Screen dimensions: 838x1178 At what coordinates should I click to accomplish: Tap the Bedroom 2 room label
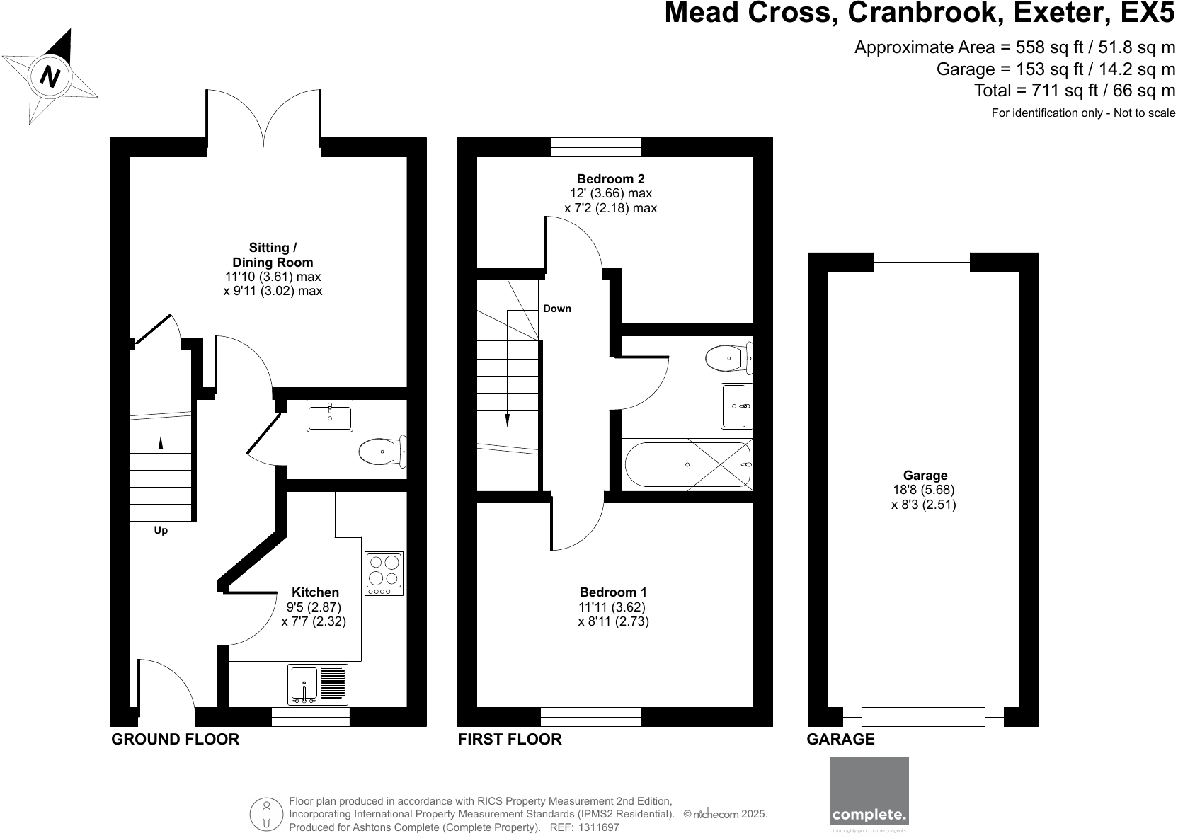pyautogui.click(x=610, y=179)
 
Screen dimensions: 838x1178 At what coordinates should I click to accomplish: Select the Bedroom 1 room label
pyautogui.click(x=613, y=592)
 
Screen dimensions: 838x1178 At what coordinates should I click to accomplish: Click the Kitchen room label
pyautogui.click(x=315, y=592)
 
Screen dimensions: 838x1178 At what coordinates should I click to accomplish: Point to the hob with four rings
pyautogui.click(x=384, y=573)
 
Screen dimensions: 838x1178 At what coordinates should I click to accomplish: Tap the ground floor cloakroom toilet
pyautogui.click(x=383, y=451)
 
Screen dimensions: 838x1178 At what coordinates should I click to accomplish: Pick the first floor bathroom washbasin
pyautogui.click(x=737, y=406)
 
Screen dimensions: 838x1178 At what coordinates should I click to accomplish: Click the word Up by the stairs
pyautogui.click(x=161, y=530)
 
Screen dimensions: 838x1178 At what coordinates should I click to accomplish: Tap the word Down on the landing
pyautogui.click(x=557, y=309)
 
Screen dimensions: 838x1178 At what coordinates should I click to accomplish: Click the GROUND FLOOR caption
pyautogui.click(x=176, y=740)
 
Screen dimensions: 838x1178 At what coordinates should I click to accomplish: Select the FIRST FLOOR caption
pyautogui.click(x=510, y=740)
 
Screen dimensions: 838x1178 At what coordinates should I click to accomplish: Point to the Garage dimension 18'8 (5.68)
pyautogui.click(x=924, y=490)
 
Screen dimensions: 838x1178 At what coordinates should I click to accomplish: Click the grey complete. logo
pyautogui.click(x=869, y=791)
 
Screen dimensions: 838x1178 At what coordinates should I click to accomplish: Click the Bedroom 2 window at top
pyautogui.click(x=596, y=147)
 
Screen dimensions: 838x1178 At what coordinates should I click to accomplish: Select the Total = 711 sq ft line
pyautogui.click(x=1074, y=91)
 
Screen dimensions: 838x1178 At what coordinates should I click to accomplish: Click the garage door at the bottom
pyautogui.click(x=923, y=716)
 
